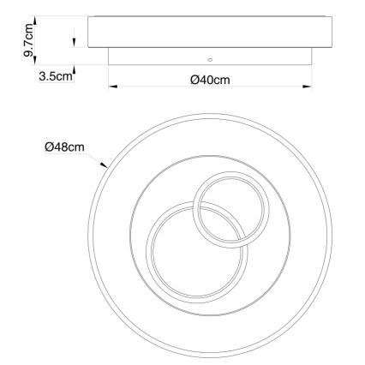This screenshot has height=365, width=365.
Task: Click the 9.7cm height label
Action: pos(28,40)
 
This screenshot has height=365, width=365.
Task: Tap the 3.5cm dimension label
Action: pos(56,76)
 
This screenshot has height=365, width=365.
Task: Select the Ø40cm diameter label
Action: pos(210,80)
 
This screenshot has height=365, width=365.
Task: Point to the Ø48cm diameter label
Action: pos(65,147)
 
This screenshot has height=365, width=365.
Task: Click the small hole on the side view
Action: pos(210,60)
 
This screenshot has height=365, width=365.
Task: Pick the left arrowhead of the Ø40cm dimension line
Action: pos(113,87)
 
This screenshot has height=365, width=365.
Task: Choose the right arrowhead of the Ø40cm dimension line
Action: pos(307,87)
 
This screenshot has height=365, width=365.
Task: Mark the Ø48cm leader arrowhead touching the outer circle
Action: pos(105,165)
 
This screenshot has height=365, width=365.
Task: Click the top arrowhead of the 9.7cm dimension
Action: pos(35,21)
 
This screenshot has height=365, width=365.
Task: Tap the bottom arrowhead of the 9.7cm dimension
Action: pos(35,60)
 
